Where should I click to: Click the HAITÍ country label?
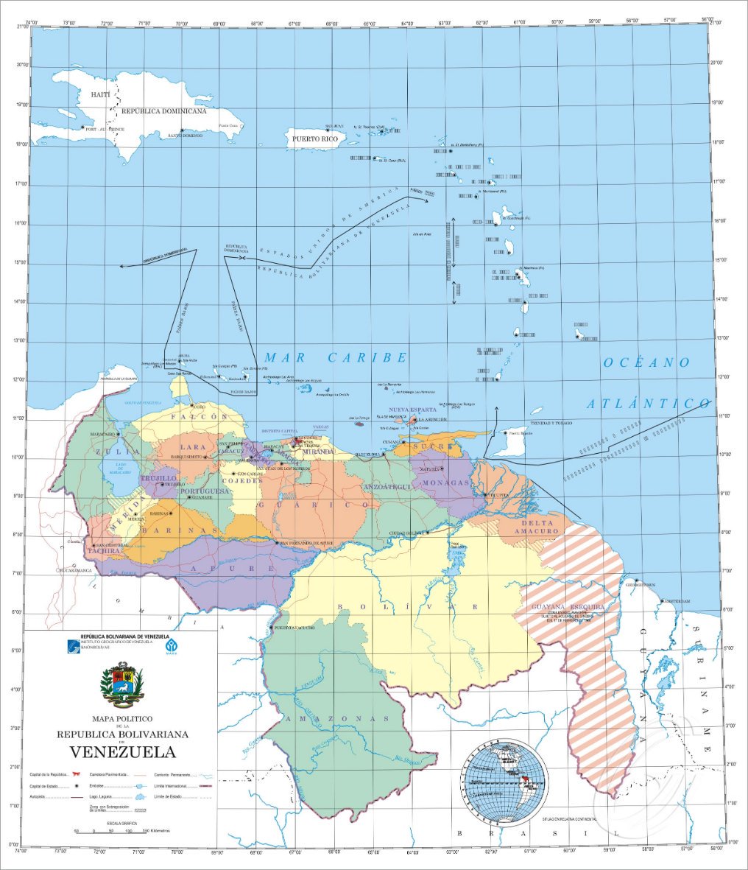[x=99, y=95]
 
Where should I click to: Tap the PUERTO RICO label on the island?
[x=314, y=138]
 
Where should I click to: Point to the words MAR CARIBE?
[x=335, y=357]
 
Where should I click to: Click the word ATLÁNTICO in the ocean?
[x=649, y=404]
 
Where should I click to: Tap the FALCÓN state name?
[x=199, y=417]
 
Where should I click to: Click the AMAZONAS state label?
[x=338, y=718]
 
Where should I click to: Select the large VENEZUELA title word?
[x=123, y=752]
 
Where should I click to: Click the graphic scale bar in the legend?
[x=111, y=830]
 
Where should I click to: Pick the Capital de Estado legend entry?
[x=46, y=787]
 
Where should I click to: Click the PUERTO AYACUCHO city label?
[x=294, y=628]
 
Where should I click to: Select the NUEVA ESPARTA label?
[x=413, y=410]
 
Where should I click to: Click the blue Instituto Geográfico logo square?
[x=71, y=645]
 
